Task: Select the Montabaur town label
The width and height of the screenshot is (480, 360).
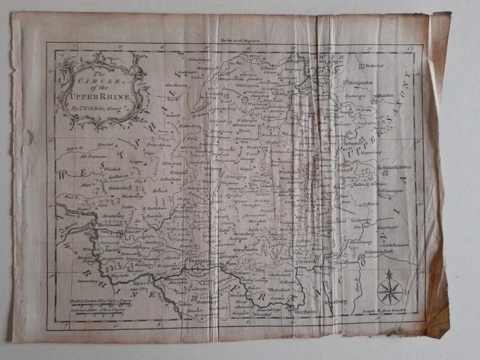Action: pyautogui.click(x=114, y=213)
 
